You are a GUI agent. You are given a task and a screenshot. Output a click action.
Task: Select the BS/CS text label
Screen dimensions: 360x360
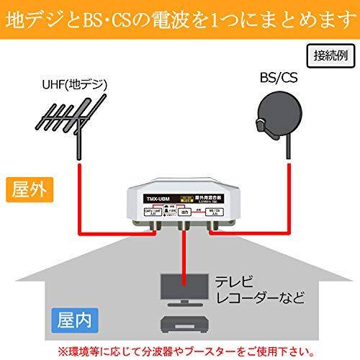coord(279,77)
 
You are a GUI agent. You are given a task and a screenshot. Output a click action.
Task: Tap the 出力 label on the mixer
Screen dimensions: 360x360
coord(186,212)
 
